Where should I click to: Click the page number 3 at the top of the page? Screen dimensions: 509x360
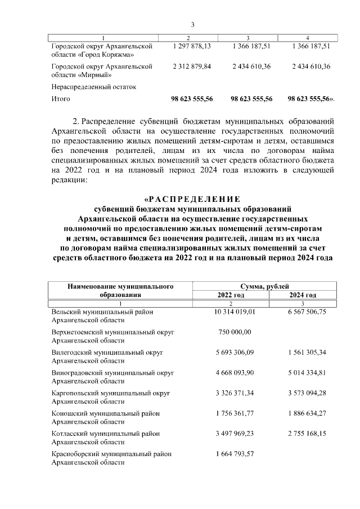coord(192,24)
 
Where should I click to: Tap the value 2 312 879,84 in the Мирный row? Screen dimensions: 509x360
coord(192,66)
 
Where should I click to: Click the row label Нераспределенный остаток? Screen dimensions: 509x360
coord(93,87)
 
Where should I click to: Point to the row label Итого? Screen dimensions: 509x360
coord(61,99)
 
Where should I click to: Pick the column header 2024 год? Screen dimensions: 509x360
coord(303,295)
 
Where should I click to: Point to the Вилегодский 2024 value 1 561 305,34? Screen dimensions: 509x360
coord(307,352)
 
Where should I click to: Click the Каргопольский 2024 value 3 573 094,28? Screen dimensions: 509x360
coord(307,393)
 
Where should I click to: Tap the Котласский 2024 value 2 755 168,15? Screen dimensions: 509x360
coord(307,433)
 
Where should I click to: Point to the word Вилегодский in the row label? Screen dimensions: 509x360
coord(73,352)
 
